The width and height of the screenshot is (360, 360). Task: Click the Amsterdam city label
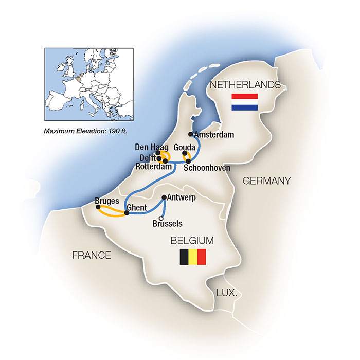coord(215,135)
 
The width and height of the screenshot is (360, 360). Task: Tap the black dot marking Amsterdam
coord(191,135)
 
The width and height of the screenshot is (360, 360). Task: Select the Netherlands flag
coord(244,102)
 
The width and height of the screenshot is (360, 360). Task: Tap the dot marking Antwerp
coord(164,197)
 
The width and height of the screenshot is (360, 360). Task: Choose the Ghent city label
coord(137,207)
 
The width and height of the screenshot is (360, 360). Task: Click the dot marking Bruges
coord(97,207)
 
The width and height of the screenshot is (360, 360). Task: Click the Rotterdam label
coord(153,166)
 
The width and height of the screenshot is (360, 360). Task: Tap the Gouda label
coord(184,147)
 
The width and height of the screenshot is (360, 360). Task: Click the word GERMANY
coord(266,181)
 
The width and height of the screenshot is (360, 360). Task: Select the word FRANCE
coord(92,255)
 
